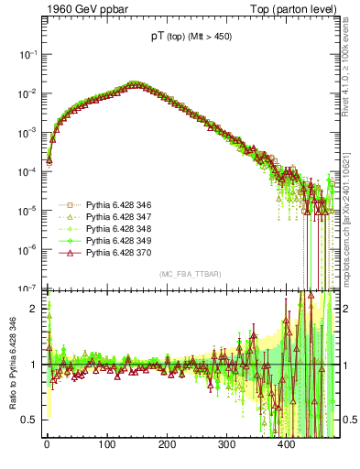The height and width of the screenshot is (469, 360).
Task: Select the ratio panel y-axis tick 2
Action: [x=36, y=309]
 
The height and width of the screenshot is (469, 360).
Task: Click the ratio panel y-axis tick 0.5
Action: [x=32, y=420]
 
